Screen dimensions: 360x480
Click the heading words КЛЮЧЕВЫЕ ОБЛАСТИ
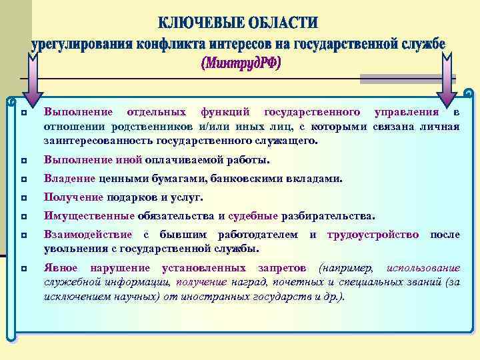[x=239, y=24]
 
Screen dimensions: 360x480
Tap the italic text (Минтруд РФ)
[x=241, y=64]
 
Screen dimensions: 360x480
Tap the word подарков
[x=132, y=197]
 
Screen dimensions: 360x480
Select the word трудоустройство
[x=374, y=235]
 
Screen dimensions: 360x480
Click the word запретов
[x=283, y=268]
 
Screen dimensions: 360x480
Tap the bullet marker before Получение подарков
[x=23, y=198]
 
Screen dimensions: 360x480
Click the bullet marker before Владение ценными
[x=23, y=179]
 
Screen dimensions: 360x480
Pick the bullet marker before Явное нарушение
[x=23, y=269]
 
